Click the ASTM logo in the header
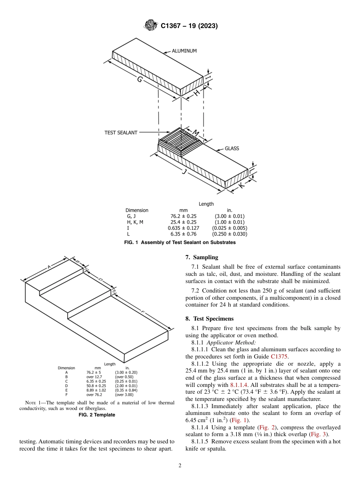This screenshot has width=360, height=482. [150, 26]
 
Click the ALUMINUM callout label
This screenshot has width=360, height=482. [184, 51]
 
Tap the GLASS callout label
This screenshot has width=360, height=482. [232, 149]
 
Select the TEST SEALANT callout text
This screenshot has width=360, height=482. [121, 133]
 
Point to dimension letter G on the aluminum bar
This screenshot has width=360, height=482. [140, 80]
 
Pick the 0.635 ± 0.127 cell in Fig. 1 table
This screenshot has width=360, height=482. [183, 228]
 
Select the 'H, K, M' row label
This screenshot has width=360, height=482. [135, 222]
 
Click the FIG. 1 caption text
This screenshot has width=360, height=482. [180, 243]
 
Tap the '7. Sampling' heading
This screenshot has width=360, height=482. [202, 257]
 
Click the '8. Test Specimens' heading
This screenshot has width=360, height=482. [210, 319]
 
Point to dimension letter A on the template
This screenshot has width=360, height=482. [49, 267]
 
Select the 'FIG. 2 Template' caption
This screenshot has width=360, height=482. [97, 415]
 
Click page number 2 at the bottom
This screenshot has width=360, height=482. [180, 466]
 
